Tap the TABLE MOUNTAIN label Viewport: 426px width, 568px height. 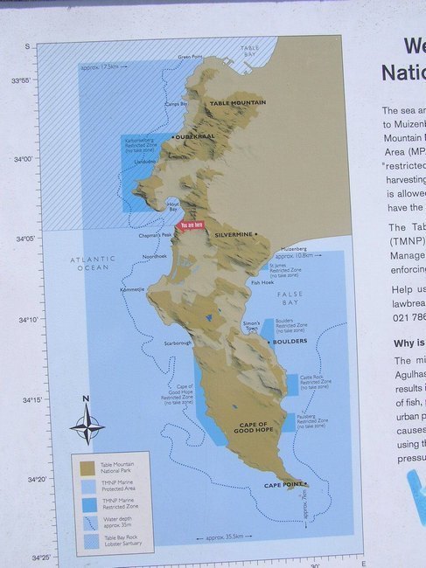pos(237,103)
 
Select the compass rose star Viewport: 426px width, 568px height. pos(87,427)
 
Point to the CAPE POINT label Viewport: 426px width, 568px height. pos(284,485)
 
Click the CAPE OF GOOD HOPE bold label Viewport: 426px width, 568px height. pos(259,427)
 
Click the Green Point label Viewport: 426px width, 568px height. pos(190,57)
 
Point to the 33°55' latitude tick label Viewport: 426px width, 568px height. pos(44,80)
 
